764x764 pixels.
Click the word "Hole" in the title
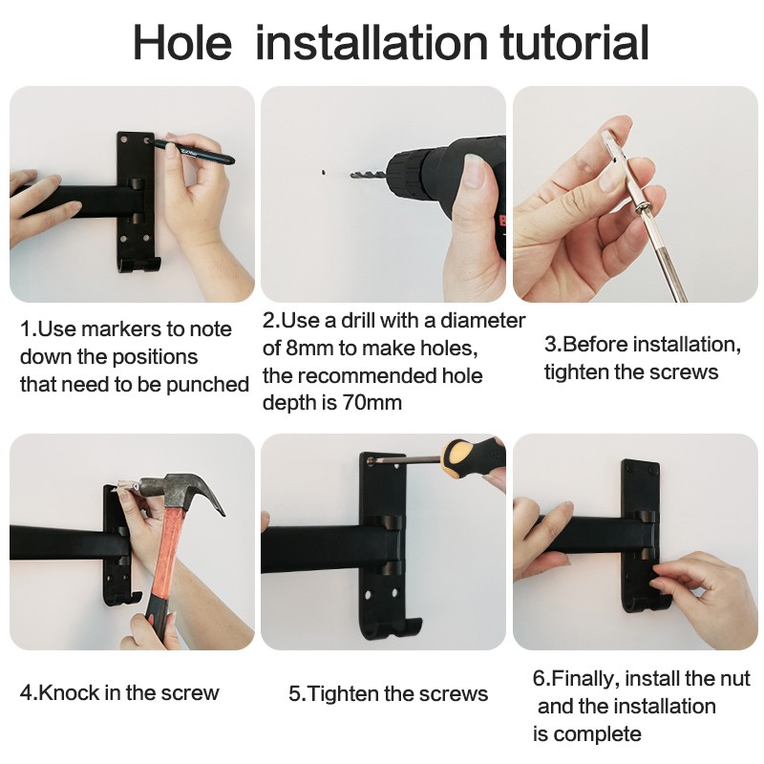pyautogui.click(x=182, y=43)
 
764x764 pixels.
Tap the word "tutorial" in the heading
pyautogui.click(x=575, y=43)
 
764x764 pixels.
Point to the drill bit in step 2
pyautogui.click(x=368, y=175)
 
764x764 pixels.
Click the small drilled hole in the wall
pyautogui.click(x=324, y=173)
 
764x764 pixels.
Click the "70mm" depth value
pyautogui.click(x=371, y=403)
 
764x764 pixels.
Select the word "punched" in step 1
pyautogui.click(x=207, y=385)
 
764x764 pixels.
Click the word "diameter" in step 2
pyautogui.click(x=482, y=321)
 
